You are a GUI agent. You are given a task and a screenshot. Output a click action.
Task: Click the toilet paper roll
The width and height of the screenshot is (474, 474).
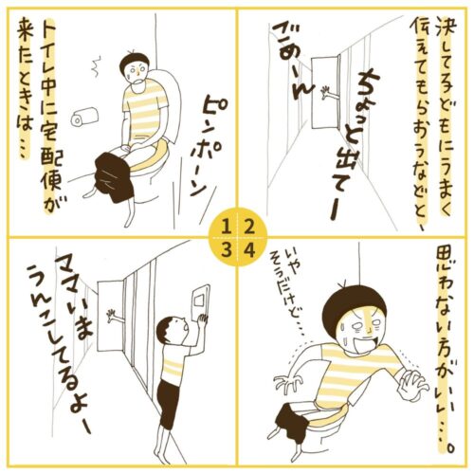click(84, 117)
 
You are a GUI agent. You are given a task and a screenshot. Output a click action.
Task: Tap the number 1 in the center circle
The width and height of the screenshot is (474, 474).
click(226, 227)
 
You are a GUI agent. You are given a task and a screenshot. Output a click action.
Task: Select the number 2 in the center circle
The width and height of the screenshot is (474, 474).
click(249, 227)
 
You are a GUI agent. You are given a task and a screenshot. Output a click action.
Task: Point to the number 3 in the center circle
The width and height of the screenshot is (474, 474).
click(226, 250)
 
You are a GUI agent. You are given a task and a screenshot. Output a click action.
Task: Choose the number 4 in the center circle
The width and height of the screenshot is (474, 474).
click(249, 250)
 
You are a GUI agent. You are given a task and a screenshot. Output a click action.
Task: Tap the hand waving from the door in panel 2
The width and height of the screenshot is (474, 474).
click(328, 92)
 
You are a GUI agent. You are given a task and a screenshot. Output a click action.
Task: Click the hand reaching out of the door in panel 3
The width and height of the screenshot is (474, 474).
click(115, 315)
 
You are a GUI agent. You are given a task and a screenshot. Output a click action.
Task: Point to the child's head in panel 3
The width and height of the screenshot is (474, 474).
click(171, 331)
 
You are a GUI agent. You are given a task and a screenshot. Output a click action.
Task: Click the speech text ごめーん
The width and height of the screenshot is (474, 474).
click(291, 63)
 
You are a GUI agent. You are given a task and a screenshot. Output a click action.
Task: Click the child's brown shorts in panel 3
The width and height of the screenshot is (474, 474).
click(169, 405)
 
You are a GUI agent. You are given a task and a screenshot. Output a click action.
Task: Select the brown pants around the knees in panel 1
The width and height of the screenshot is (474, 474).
click(114, 177)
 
